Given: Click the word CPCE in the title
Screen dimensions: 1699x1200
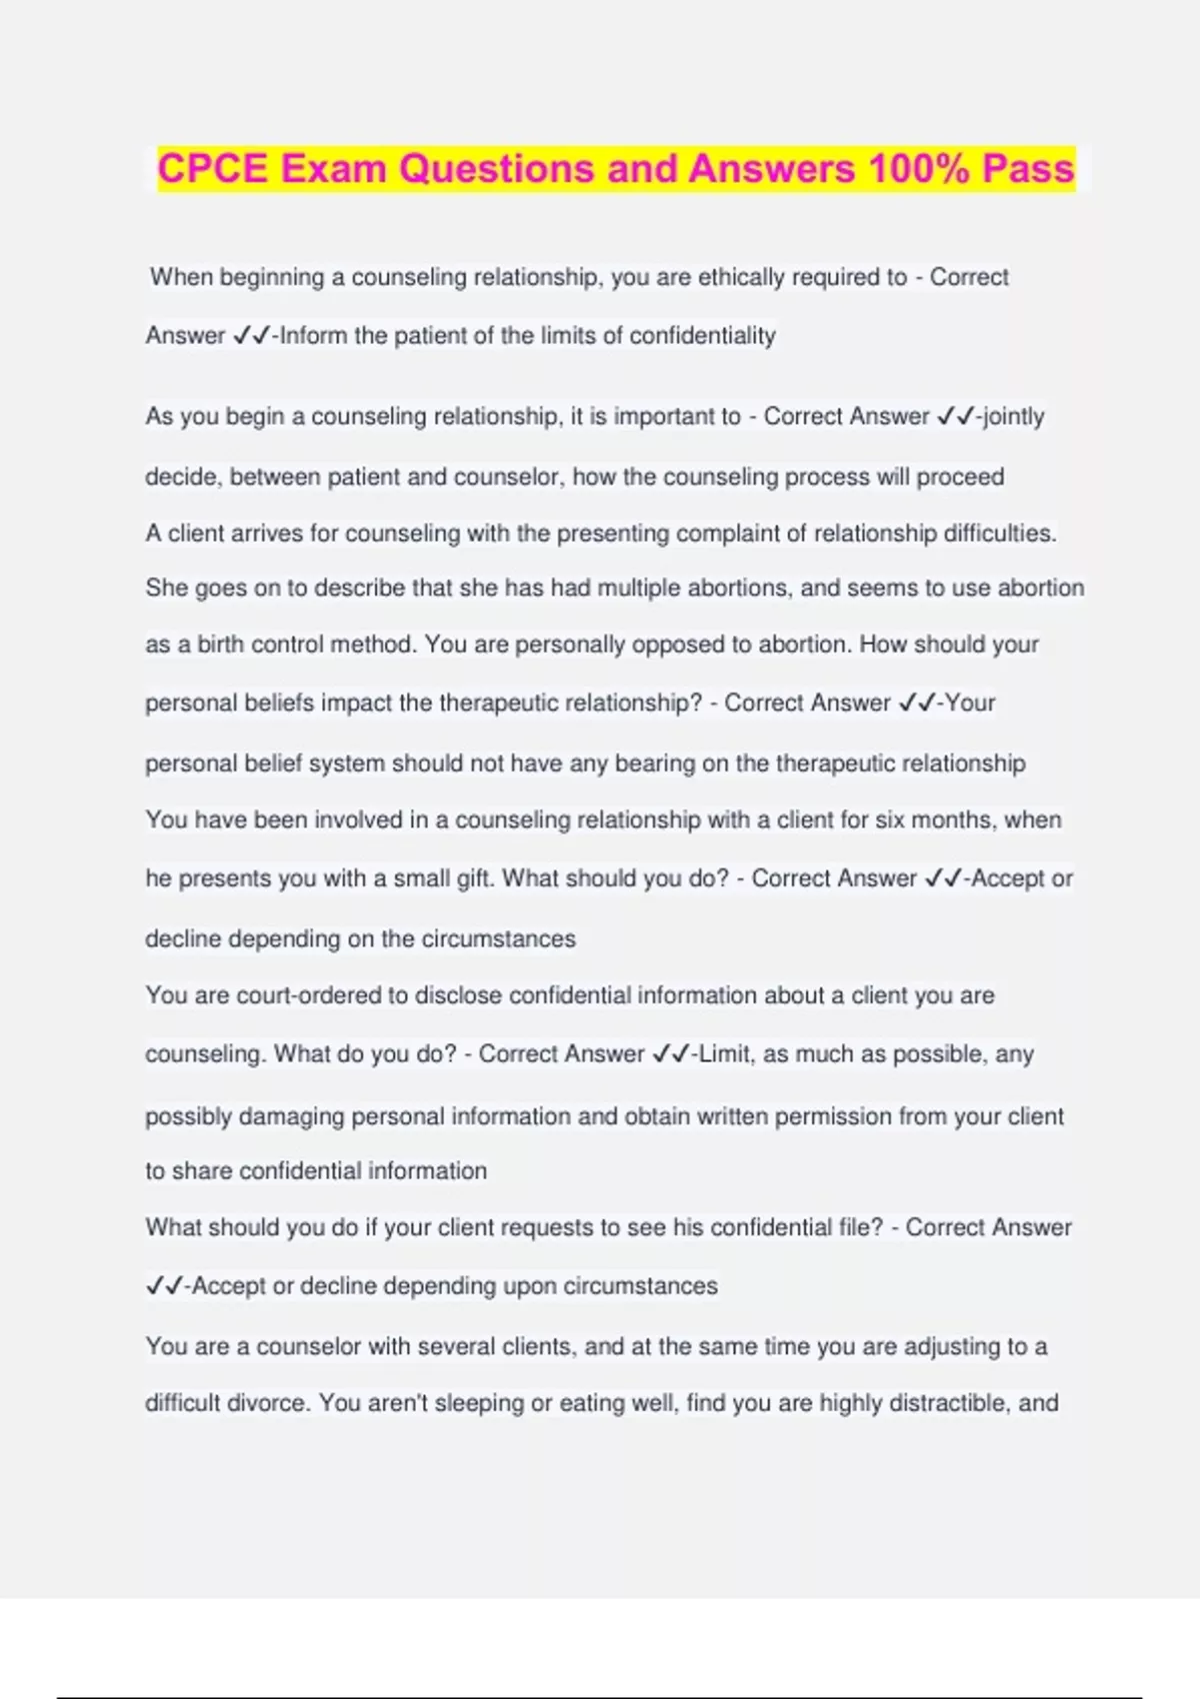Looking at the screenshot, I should [213, 168].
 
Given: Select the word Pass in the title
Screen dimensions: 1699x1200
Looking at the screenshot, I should [1028, 168].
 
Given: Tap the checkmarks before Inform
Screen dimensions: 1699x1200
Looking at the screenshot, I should [251, 336].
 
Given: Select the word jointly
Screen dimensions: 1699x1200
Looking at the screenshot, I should [1014, 417].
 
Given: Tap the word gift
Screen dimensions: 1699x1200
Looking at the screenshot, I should [473, 878].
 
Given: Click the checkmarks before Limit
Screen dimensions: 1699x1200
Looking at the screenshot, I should [670, 1054].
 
